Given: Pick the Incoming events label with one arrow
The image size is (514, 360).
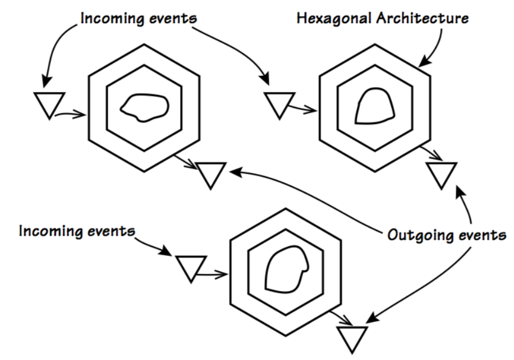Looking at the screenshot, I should click(x=77, y=230).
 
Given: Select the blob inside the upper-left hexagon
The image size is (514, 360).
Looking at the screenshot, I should click(x=144, y=107).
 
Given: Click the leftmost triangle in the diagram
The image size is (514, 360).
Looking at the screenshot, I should click(x=49, y=104).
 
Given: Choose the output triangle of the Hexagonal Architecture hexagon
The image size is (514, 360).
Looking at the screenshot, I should click(x=441, y=174).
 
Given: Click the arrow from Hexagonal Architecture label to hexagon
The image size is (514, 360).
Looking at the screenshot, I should click(x=435, y=45).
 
